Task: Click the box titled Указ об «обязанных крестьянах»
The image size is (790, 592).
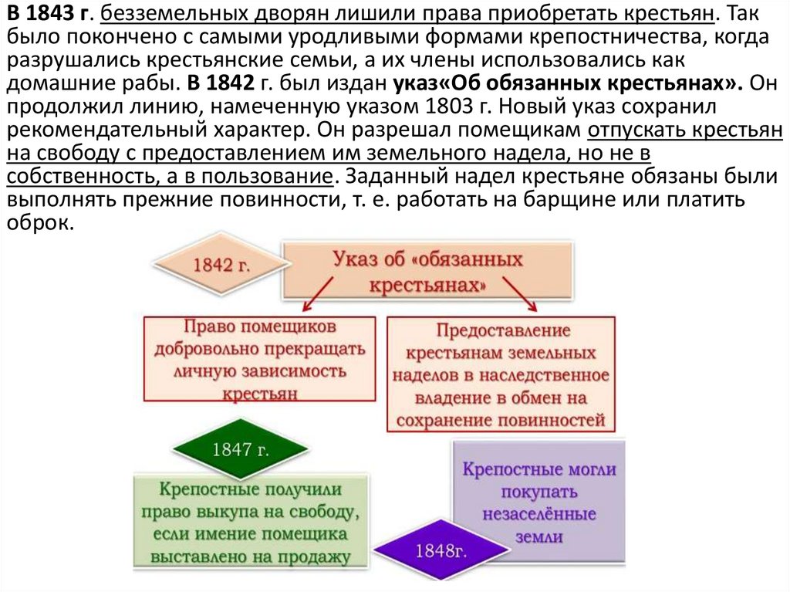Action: pos(427,270)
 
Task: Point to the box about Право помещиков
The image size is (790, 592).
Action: pos(259,359)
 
